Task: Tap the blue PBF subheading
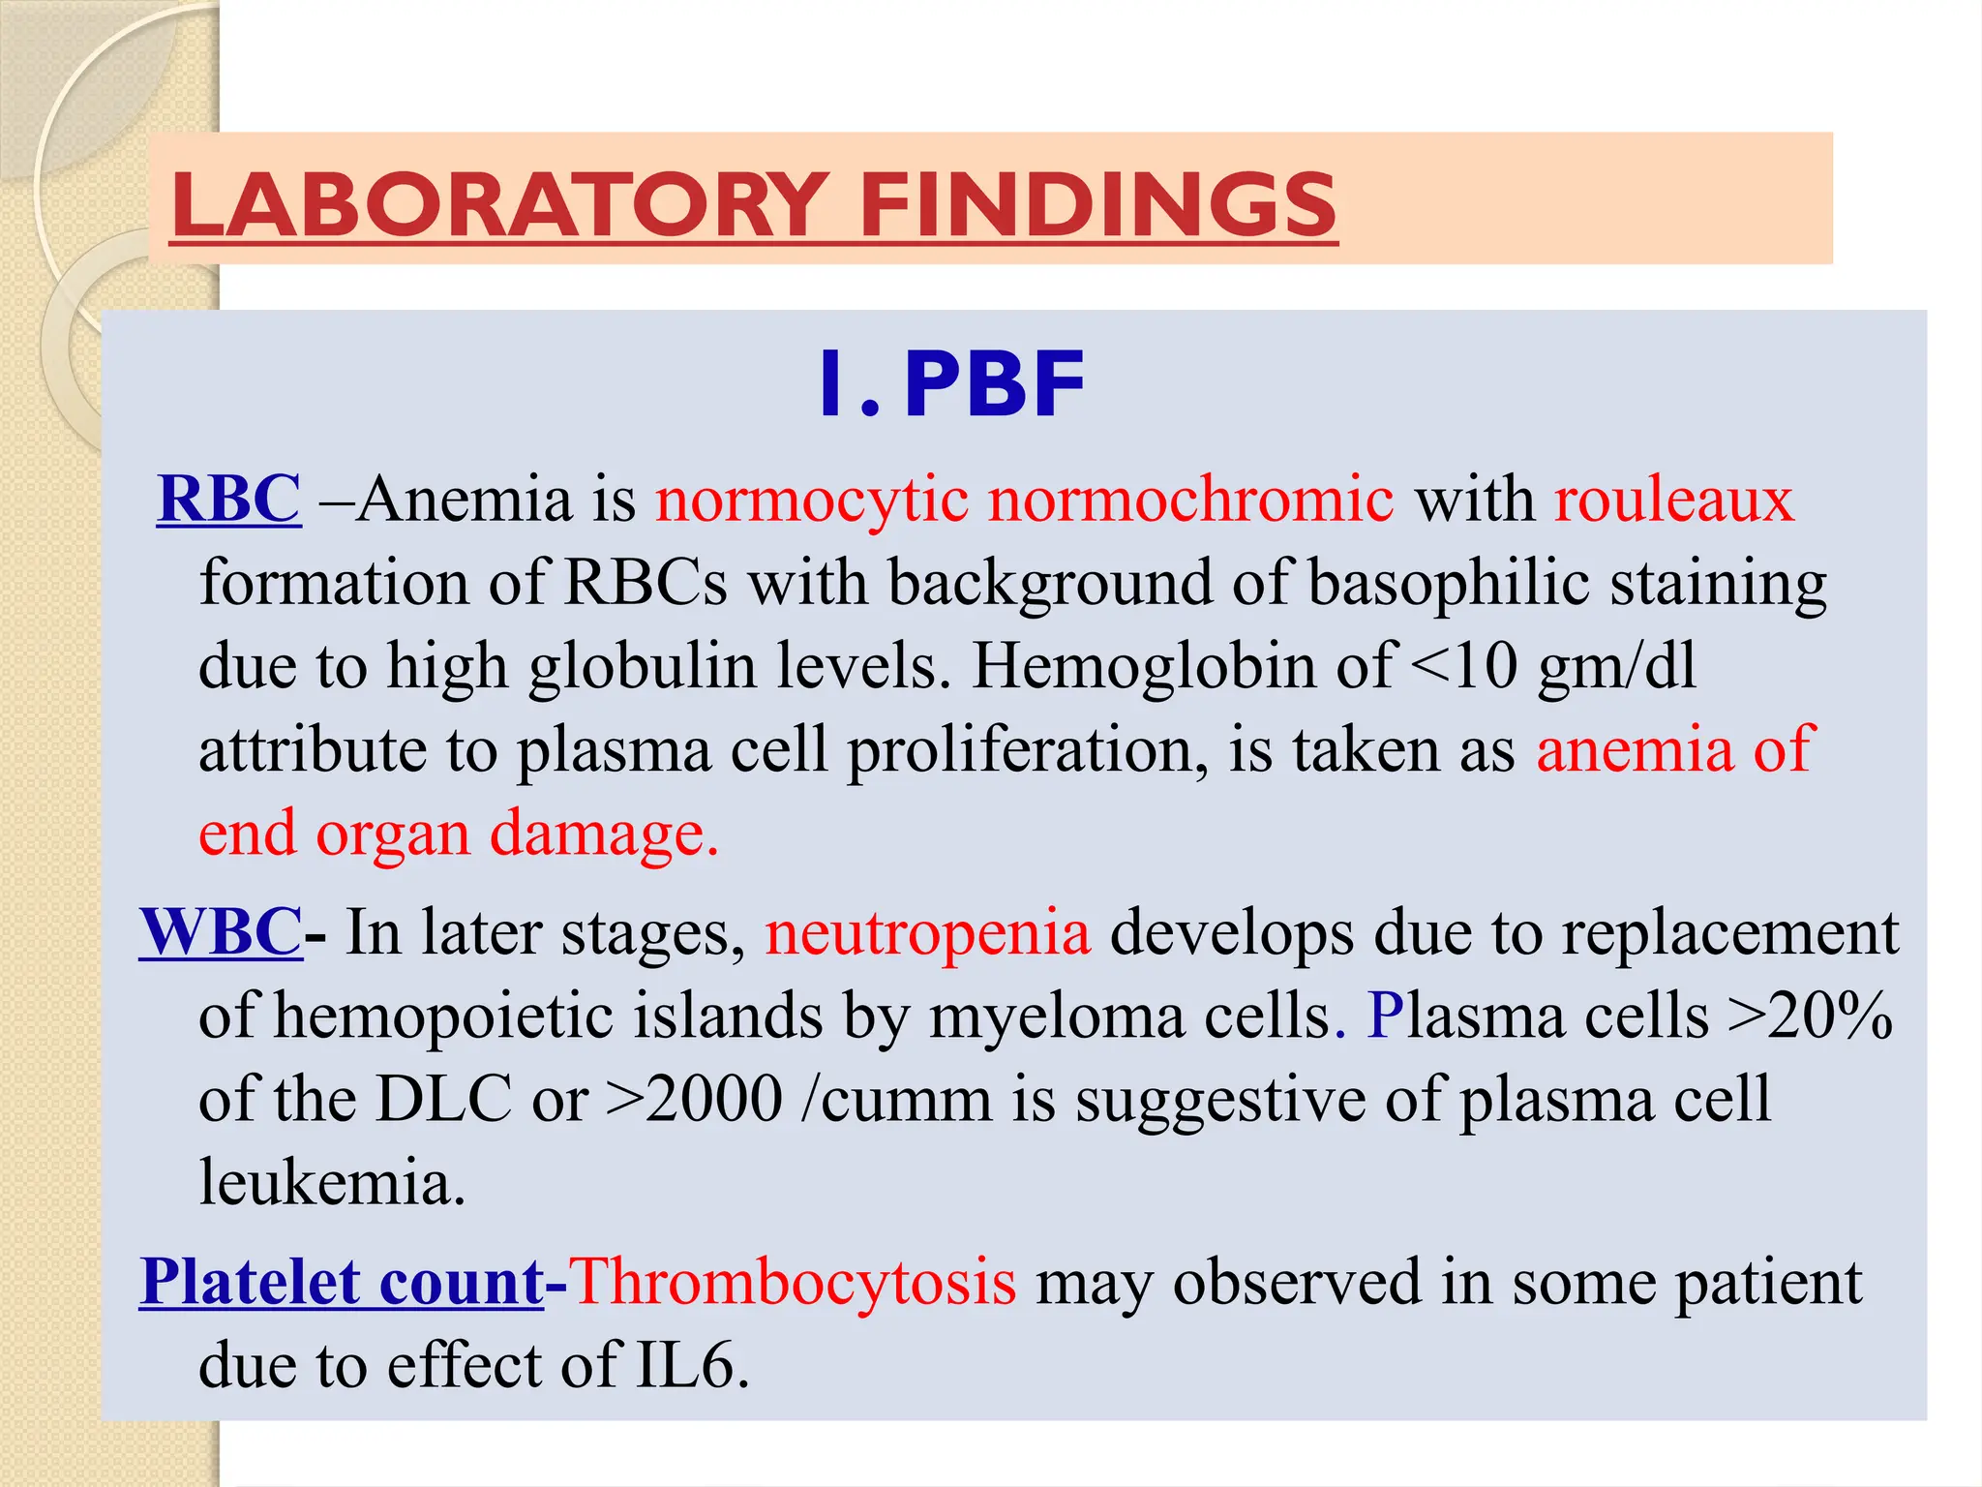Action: pyautogui.click(x=994, y=385)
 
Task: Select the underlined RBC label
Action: pyautogui.click(x=228, y=500)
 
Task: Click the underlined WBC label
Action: pyautogui.click(x=221, y=932)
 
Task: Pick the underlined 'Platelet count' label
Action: pyautogui.click(x=342, y=1282)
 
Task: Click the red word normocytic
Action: pyautogui.click(x=812, y=500)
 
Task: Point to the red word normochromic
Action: pyautogui.click(x=1190, y=500)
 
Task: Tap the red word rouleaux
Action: pyautogui.click(x=1674, y=500)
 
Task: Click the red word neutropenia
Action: pyautogui.click(x=928, y=932)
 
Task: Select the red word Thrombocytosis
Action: pyautogui.click(x=794, y=1282)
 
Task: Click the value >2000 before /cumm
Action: pyautogui.click(x=694, y=1100)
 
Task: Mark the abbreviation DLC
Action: pyautogui.click(x=443, y=1100)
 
